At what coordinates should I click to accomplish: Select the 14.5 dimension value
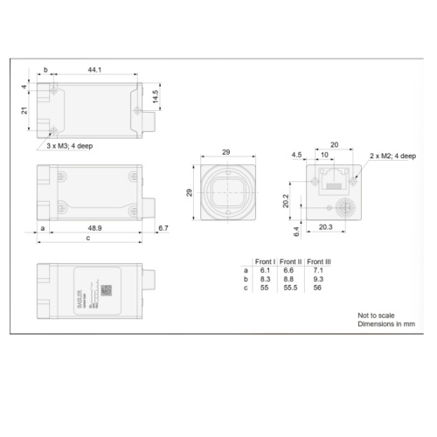[155, 97]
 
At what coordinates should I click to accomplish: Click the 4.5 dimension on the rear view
[297, 155]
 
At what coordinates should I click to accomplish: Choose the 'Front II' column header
[290, 261]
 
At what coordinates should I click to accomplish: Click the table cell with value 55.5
[290, 288]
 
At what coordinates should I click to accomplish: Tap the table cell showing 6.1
[264, 270]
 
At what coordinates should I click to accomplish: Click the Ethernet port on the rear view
[332, 181]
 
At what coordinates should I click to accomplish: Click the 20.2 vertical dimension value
[285, 200]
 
